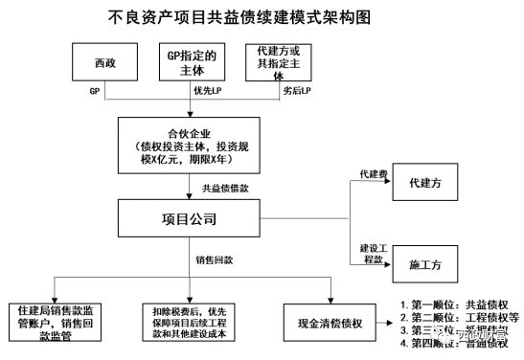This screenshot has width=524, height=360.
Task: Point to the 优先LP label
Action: [206, 90]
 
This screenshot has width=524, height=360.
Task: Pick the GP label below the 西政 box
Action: [95, 90]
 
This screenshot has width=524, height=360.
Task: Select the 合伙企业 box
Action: [188, 144]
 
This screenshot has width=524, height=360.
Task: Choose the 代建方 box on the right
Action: [424, 181]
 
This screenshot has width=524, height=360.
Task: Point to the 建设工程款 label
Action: [372, 253]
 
